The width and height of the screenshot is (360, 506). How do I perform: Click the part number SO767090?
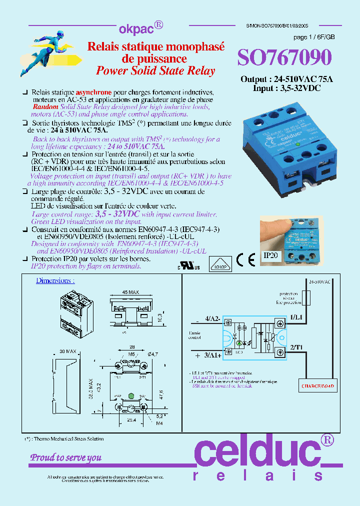[x=283, y=58]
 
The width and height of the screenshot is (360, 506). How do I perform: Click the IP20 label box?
[x=270, y=255]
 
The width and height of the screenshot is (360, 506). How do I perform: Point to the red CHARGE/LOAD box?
[x=317, y=386]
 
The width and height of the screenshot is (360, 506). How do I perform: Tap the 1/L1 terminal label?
[x=296, y=316]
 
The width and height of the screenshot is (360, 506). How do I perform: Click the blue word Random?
[x=45, y=107]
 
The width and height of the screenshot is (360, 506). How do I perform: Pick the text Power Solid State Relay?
[x=155, y=70]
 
